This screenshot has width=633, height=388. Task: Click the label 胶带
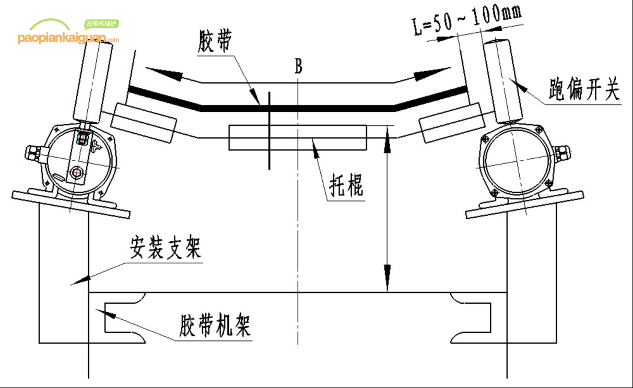pyautogui.click(x=215, y=41)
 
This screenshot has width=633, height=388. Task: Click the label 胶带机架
pyautogui.click(x=215, y=326)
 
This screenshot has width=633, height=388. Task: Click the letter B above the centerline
pyautogui.click(x=298, y=66)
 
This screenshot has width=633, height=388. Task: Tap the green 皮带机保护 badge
pyautogui.click(x=102, y=24)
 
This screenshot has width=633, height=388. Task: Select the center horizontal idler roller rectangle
pyautogui.click(x=298, y=137)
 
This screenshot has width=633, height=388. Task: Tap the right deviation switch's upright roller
pyautogui.click(x=503, y=81)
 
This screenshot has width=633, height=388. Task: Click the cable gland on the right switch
pyautogui.click(x=563, y=153)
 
